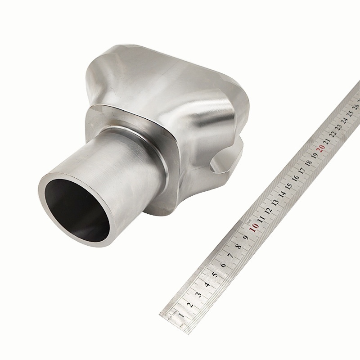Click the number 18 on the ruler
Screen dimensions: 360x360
308,162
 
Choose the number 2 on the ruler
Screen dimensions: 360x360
190,304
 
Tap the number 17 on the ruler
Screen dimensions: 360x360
302,170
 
